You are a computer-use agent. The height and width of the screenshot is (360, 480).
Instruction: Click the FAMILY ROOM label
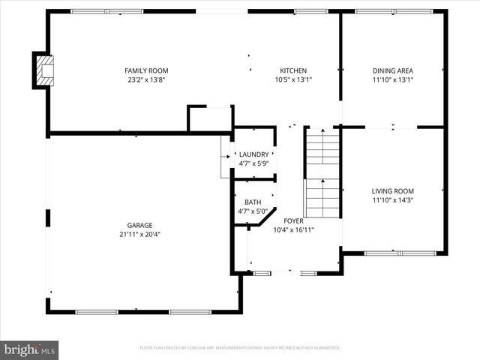click(x=146, y=70)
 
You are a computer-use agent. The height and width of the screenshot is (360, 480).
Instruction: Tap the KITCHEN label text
click(x=293, y=70)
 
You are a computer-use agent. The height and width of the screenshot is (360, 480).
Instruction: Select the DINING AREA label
click(x=392, y=70)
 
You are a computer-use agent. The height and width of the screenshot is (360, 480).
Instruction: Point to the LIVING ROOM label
click(x=392, y=191)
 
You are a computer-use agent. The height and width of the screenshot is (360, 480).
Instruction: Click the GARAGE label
click(x=139, y=225)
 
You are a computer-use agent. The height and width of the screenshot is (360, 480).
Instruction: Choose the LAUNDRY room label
click(x=253, y=154)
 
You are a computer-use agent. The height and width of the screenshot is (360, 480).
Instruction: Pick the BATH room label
click(x=253, y=202)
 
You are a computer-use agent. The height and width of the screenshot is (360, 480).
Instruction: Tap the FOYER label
click(x=293, y=221)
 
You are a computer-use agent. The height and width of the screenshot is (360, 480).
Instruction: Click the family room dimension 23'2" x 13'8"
click(x=146, y=79)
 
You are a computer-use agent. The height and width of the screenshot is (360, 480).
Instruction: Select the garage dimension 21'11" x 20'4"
click(x=139, y=234)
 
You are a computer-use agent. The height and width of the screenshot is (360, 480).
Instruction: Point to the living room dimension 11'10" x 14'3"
click(x=392, y=200)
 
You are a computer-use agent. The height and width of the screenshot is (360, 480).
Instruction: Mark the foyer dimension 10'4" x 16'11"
click(x=293, y=230)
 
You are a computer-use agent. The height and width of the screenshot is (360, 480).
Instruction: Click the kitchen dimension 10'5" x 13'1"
click(x=293, y=79)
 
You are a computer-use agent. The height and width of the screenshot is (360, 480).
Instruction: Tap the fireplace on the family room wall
click(x=43, y=70)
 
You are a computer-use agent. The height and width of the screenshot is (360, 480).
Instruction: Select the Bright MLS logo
click(x=30, y=349)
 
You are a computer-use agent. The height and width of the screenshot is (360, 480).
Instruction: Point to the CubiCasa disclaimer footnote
click(x=240, y=348)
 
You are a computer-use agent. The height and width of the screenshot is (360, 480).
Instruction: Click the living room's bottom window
click(x=400, y=253)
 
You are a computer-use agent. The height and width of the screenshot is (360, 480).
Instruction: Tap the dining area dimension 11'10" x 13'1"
click(x=392, y=79)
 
